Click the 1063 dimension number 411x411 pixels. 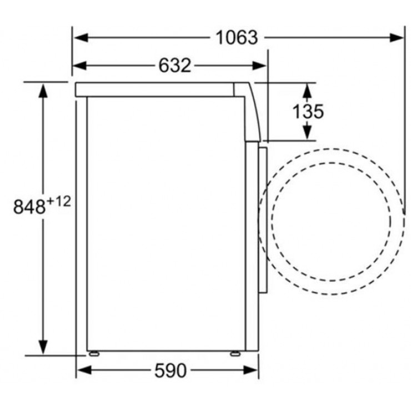tap(237, 38)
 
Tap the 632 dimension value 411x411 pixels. tap(174, 66)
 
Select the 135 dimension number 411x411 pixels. tap(308, 112)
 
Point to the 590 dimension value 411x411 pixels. tap(171, 370)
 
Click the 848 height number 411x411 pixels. tap(29, 207)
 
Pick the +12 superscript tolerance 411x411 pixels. tap(59, 202)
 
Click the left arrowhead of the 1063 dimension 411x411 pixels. tap(81, 37)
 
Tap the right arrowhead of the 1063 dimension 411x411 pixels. tap(397, 37)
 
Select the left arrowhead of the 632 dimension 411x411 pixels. tap(79, 66)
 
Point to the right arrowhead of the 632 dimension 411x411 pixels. tap(259, 66)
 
